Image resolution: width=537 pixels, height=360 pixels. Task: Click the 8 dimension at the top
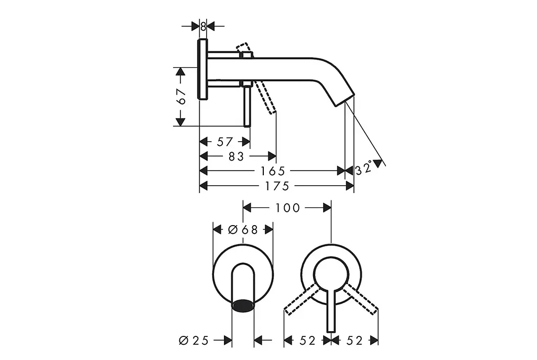203,26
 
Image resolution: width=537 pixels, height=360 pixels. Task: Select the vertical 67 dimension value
181,97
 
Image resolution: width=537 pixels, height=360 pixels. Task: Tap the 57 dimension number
224,142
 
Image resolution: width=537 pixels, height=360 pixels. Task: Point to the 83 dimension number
236,157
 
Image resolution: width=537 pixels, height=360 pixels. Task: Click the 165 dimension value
273,171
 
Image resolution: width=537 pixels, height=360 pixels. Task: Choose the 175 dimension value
277,186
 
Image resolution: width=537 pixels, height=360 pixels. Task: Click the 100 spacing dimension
288,208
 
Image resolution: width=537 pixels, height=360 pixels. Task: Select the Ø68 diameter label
243,230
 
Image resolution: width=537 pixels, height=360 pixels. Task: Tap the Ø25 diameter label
194,341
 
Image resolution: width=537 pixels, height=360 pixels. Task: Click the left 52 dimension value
307,341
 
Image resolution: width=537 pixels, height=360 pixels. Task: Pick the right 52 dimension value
355,341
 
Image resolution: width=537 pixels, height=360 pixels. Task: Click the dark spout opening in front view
243,305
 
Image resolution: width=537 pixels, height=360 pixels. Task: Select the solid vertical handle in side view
247,107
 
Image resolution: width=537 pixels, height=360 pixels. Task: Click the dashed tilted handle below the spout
265,97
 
